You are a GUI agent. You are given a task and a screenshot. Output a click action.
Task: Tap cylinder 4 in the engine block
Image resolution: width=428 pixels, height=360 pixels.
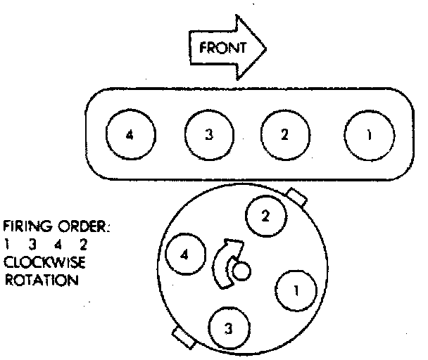tap(128, 135)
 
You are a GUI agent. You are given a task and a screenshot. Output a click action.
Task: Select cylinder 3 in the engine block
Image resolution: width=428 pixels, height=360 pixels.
tap(208, 135)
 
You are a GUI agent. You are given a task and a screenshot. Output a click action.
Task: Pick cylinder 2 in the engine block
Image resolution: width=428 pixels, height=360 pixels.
tap(284, 135)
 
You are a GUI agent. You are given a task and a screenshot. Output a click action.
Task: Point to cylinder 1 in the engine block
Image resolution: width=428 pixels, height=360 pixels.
tap(369, 135)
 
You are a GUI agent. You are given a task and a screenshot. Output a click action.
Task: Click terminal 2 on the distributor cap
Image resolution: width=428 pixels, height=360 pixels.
tap(265, 216)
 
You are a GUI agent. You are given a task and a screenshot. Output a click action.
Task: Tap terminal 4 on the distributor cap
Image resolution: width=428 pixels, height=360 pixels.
tap(184, 254)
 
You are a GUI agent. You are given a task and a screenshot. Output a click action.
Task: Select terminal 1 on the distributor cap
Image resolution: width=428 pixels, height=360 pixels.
tap(296, 290)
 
